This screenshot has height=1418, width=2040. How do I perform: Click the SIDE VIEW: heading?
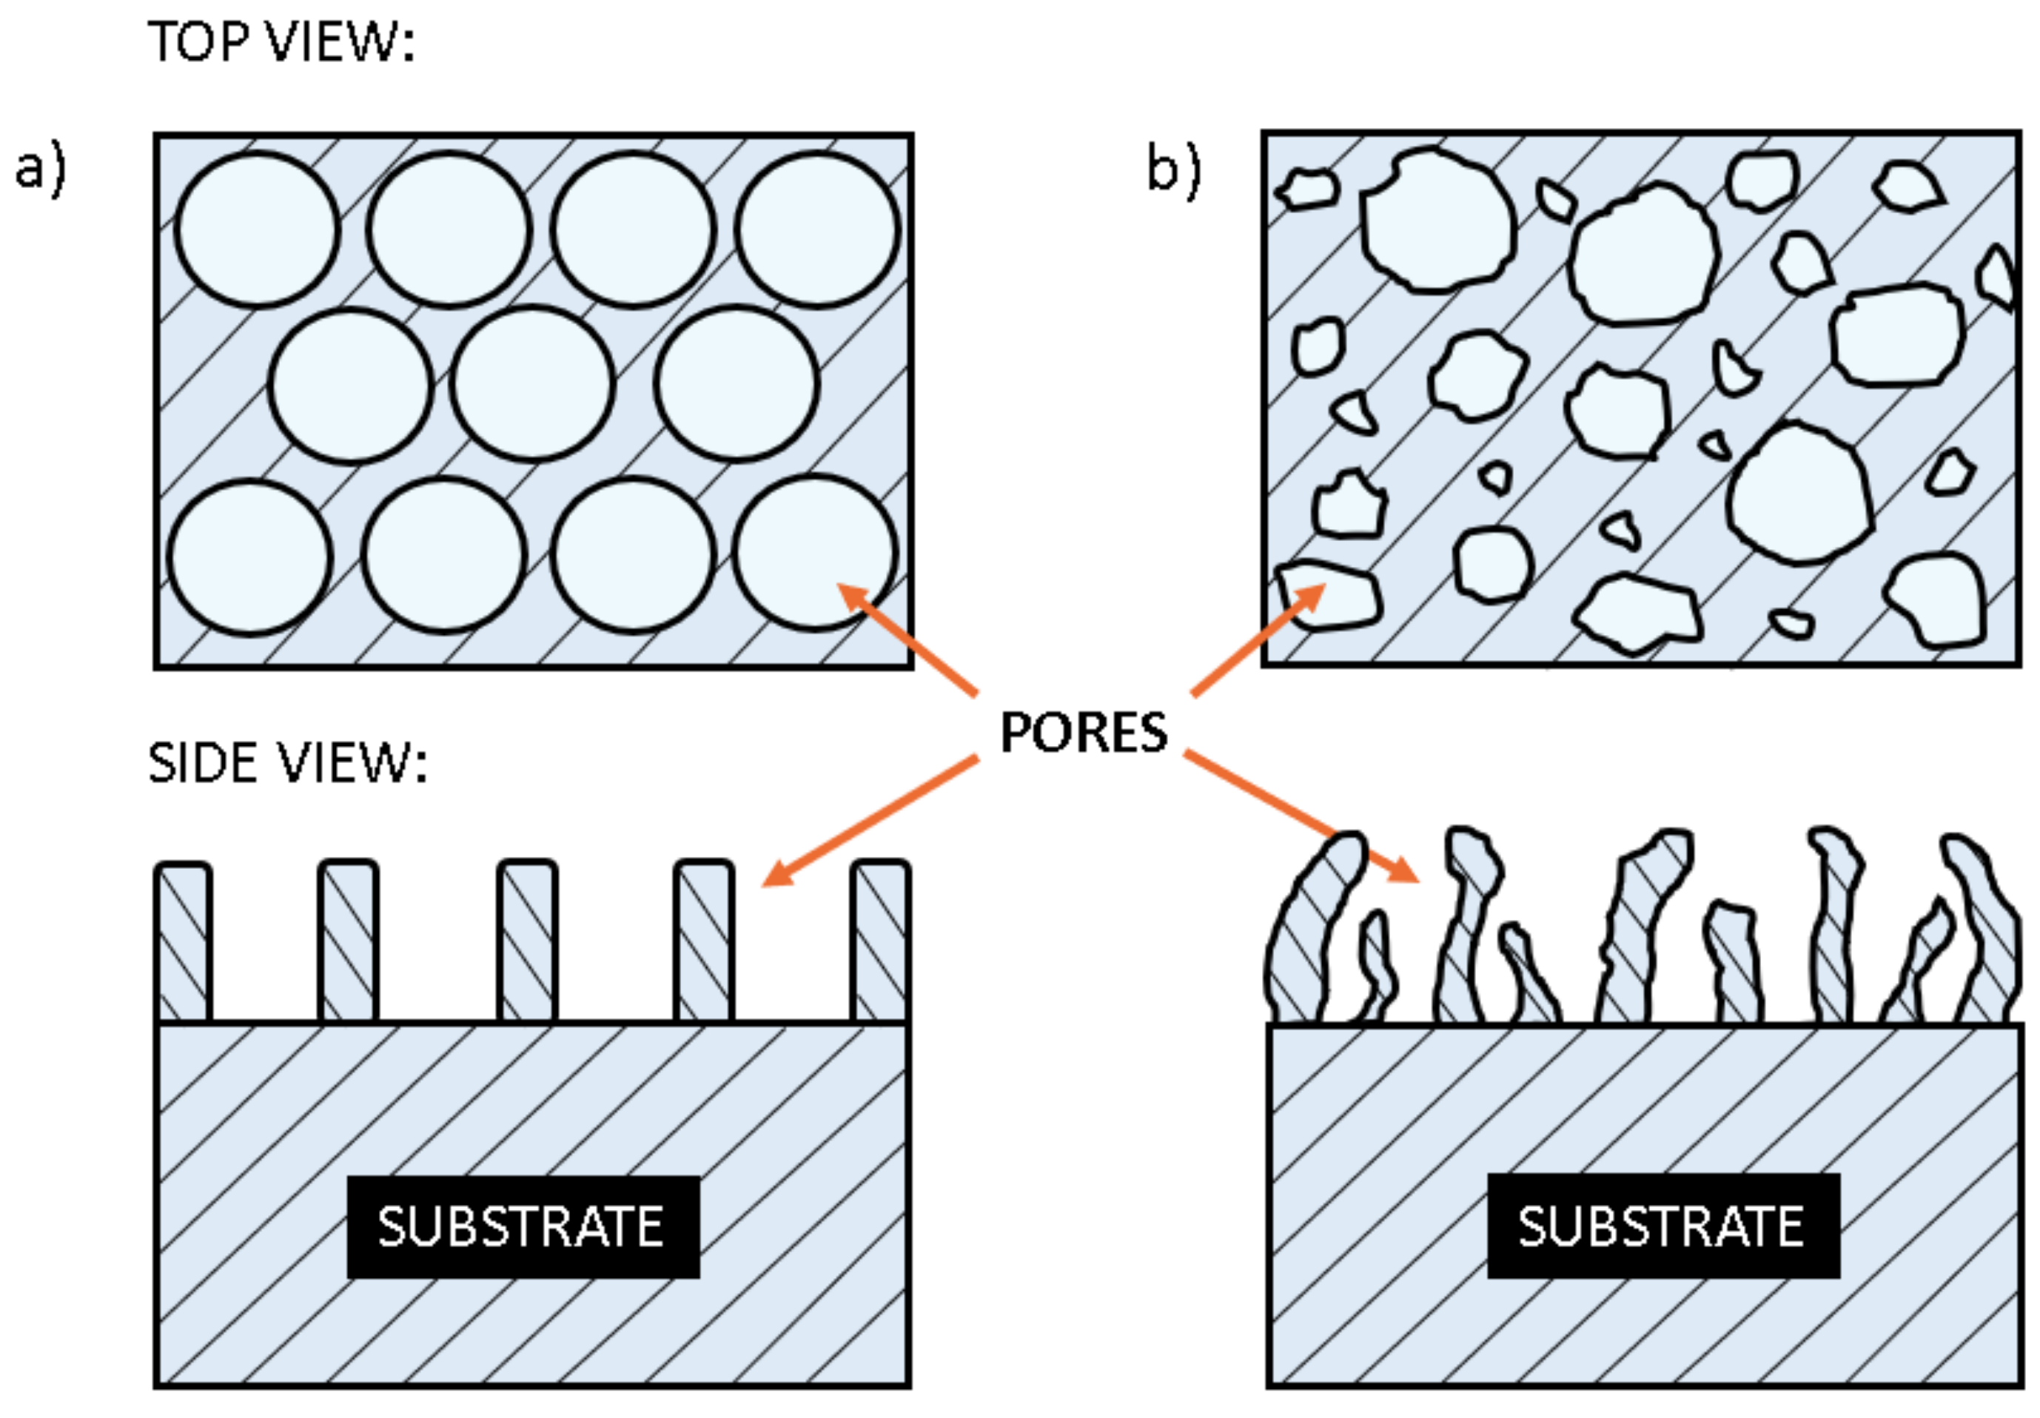coord(287,763)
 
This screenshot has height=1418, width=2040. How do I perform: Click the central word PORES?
coord(1083,733)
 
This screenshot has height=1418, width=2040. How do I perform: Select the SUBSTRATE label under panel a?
coord(523,1227)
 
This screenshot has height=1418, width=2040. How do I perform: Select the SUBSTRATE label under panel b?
coord(1662,1227)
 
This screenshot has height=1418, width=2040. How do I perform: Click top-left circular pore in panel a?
coord(257,230)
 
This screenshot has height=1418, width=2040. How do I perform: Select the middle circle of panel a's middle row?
coord(532,384)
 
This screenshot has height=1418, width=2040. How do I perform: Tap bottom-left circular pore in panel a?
coord(249,558)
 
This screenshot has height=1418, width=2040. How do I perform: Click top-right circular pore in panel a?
coord(816,229)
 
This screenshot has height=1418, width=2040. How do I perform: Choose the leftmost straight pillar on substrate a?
coord(184,942)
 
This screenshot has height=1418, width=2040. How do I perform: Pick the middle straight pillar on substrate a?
coord(527,942)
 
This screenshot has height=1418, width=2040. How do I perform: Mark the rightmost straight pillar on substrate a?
coord(879,942)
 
